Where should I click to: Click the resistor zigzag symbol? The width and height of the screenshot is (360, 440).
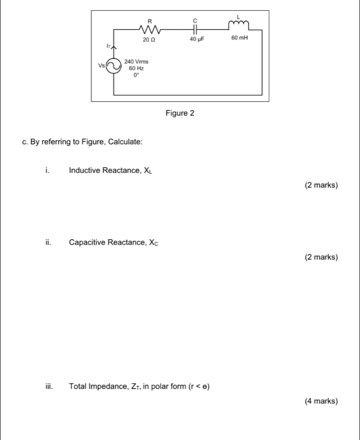point(149,29)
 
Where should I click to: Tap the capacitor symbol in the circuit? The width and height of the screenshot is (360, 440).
point(194,30)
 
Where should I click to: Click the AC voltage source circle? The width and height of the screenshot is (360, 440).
point(114,66)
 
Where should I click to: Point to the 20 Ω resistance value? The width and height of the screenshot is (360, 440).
point(149,39)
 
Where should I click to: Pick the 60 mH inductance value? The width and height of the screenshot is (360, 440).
point(240,39)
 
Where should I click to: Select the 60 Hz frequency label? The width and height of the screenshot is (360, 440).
point(136,68)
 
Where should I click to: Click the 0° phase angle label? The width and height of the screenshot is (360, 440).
point(136,76)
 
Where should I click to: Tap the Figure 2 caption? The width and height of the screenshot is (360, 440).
point(180,113)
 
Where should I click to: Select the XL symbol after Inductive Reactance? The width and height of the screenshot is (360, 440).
point(148,171)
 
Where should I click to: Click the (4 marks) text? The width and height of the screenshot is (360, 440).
point(321,401)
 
